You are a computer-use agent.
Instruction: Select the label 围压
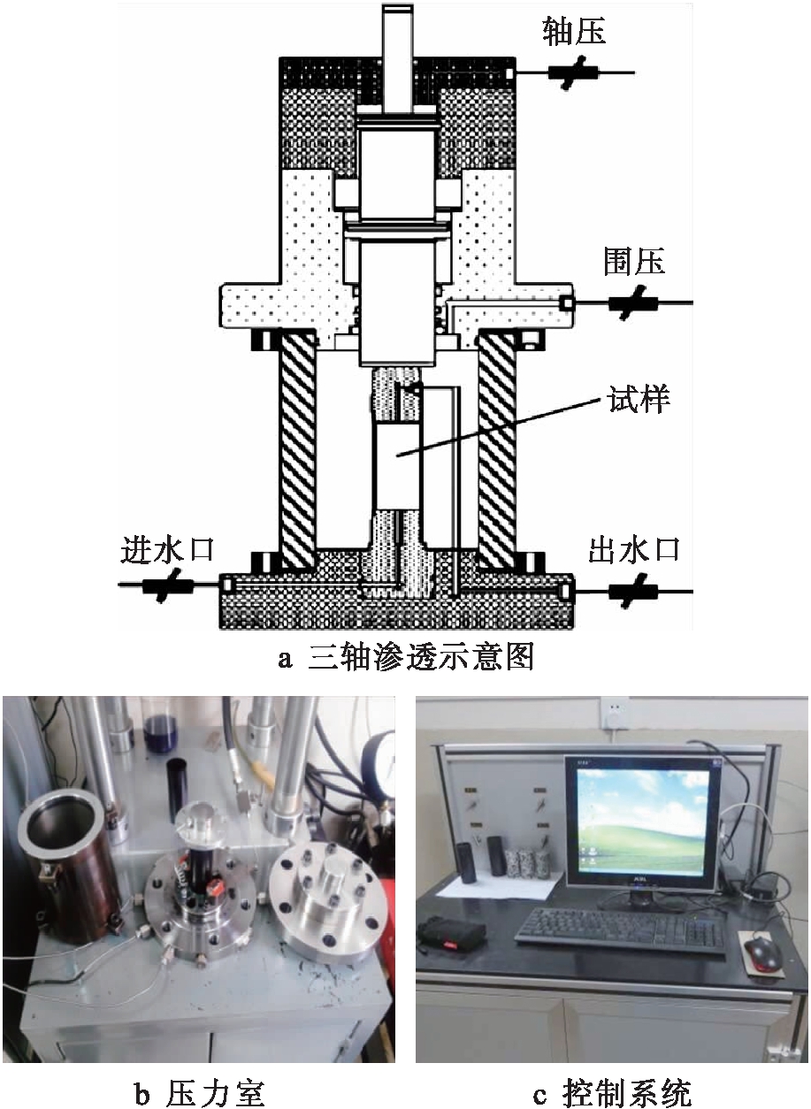(x=634, y=262)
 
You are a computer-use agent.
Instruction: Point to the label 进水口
(x=167, y=550)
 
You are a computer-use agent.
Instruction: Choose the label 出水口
(x=634, y=550)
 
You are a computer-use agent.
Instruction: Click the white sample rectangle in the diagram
(x=394, y=464)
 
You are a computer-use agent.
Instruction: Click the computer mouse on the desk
(x=762, y=952)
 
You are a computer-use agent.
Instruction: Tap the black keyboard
(x=618, y=931)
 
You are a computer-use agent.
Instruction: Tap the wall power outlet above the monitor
(x=613, y=712)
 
